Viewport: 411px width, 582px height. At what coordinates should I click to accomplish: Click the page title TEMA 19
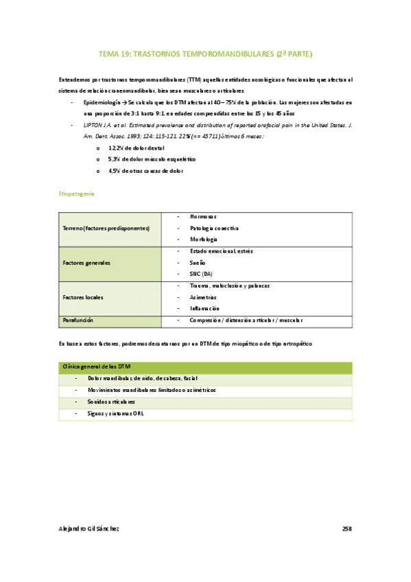pos(205,53)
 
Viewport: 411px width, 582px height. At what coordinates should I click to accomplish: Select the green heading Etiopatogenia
pos(78,194)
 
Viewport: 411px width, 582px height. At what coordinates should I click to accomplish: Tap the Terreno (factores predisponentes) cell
pos(106,228)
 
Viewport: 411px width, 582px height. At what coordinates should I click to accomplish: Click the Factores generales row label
pos(86,263)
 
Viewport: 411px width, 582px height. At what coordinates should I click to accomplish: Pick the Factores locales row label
pos(83,298)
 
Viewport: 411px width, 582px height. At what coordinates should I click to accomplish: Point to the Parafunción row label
pos(78,321)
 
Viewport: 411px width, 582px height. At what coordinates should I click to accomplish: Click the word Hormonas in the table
pos(203,217)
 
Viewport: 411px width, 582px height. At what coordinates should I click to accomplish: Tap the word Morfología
pos(204,240)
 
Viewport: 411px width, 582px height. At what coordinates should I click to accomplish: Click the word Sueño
pos(198,263)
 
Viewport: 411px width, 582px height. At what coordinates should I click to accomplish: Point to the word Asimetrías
pos(203,298)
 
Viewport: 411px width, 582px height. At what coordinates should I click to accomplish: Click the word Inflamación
pos(204,309)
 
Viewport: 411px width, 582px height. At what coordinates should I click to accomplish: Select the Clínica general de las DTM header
pos(97,367)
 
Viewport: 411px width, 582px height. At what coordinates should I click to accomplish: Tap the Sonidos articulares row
pos(111,402)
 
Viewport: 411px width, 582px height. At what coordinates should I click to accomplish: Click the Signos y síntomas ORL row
pos(116,414)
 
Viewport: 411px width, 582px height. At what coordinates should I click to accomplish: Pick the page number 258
pos(347,528)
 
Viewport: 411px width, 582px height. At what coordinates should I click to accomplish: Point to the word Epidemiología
pos(102,102)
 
